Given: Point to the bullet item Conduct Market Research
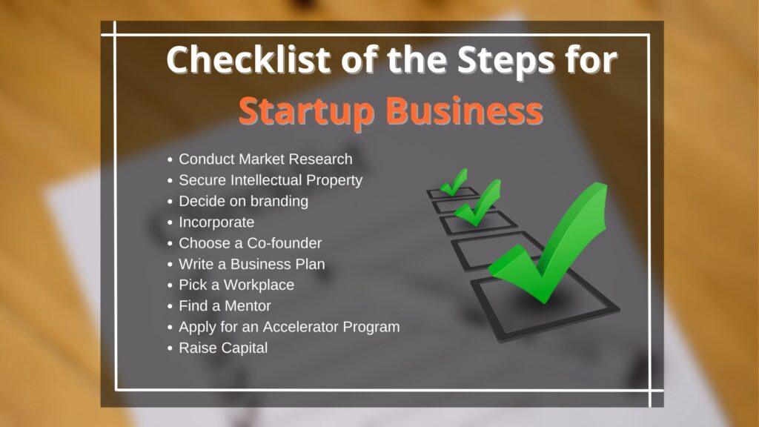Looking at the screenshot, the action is click(266, 159).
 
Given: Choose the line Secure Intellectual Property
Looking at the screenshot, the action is click(271, 180).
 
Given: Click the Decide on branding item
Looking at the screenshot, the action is click(243, 201).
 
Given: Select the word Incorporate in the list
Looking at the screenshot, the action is click(216, 222).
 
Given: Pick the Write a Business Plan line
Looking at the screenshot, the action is click(252, 264).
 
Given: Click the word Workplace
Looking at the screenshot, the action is click(259, 285).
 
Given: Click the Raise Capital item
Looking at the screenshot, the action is click(223, 348).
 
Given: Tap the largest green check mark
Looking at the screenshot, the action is click(548, 242).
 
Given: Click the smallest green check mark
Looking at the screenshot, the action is click(454, 182).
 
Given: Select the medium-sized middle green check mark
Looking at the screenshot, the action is click(478, 202).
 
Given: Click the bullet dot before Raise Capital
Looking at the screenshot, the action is click(170, 348).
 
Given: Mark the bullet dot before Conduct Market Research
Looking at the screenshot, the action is click(170, 159).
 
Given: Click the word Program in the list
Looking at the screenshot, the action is click(371, 327).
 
